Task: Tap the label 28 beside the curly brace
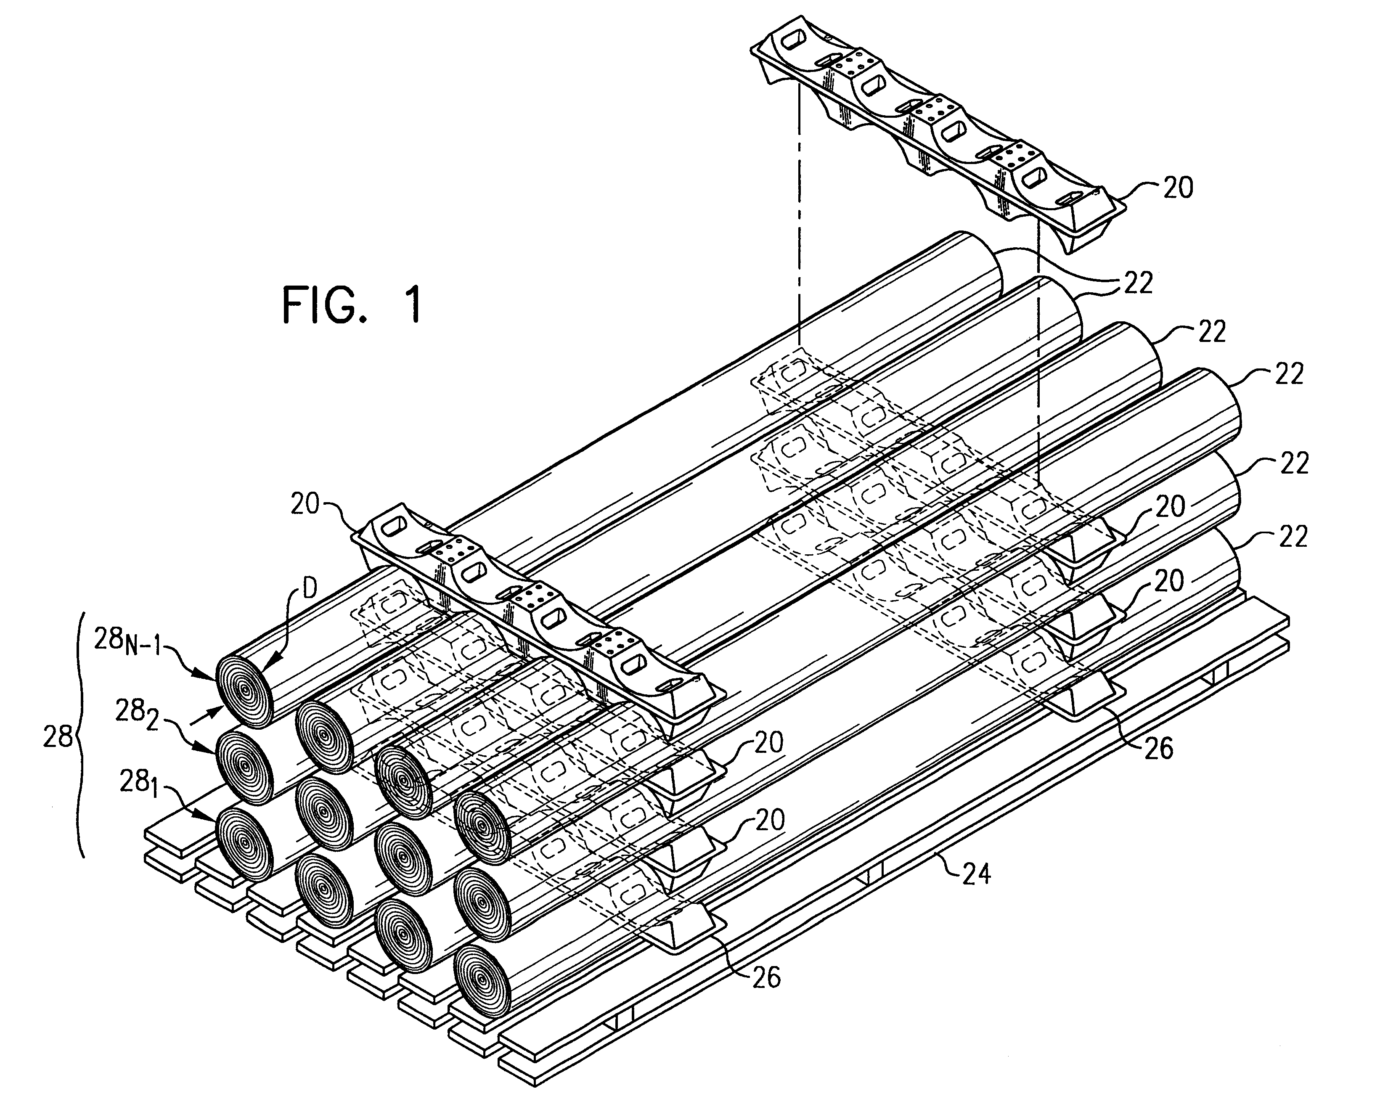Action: [x=58, y=736]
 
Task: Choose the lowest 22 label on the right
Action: [x=1292, y=537]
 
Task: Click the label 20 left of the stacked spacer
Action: [x=305, y=504]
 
